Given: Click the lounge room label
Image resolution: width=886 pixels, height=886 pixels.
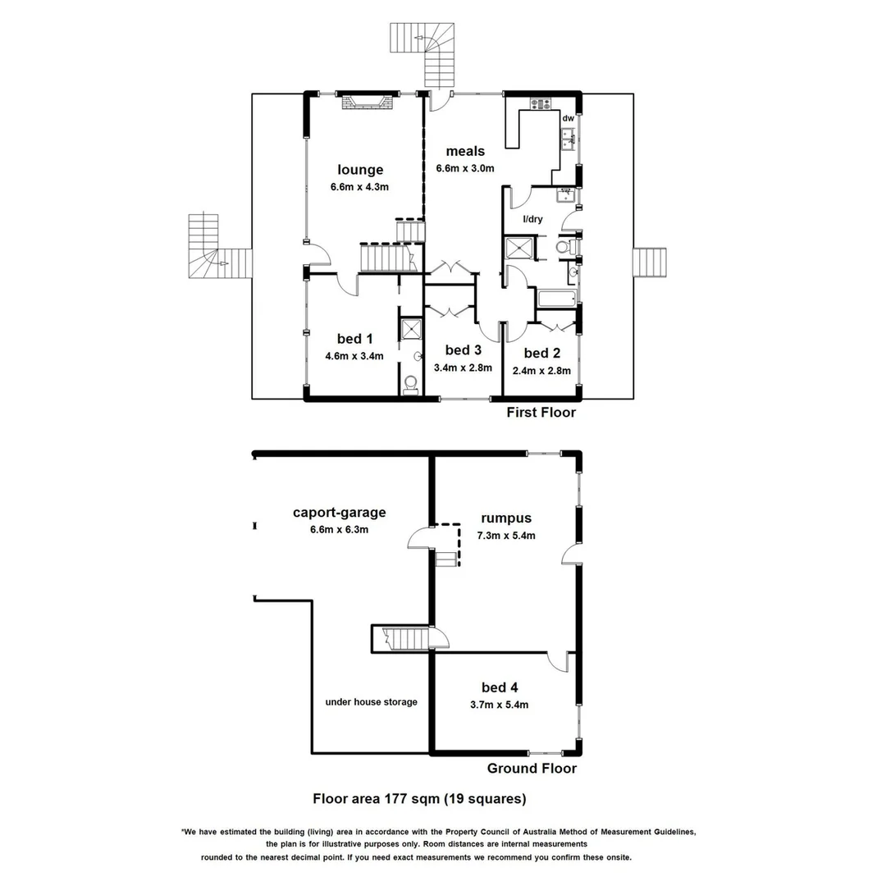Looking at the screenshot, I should pos(360,170).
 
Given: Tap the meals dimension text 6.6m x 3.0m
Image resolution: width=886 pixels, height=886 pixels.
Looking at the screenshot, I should pos(465,168).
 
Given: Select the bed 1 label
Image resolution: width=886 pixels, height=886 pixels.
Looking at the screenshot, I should pos(354,339).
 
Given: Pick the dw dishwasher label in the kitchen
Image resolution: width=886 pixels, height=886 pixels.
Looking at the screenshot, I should pos(567,119).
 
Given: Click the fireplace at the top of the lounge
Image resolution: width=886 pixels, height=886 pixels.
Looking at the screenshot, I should pos(367,103).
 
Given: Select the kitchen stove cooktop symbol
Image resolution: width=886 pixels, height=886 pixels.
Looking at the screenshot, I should pos(541,103).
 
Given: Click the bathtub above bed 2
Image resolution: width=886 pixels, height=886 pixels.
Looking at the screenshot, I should pos(557,298).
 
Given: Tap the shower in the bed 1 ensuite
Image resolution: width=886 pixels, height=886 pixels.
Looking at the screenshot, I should pos(410,329).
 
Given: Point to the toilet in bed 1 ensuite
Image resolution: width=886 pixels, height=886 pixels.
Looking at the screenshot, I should pos(410,384).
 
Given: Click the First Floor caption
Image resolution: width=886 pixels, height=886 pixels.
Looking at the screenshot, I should pos(541,413).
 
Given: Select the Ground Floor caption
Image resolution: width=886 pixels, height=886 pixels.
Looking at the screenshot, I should pos(532,769).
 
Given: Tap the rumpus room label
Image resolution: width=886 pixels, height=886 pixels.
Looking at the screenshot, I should pos(507,518).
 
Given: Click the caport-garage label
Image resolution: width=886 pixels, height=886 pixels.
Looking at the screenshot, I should pos(339,513).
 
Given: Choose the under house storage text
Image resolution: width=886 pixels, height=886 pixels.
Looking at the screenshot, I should pos(371,701).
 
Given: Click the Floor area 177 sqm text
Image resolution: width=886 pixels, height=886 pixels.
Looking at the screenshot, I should pos(419,797).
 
